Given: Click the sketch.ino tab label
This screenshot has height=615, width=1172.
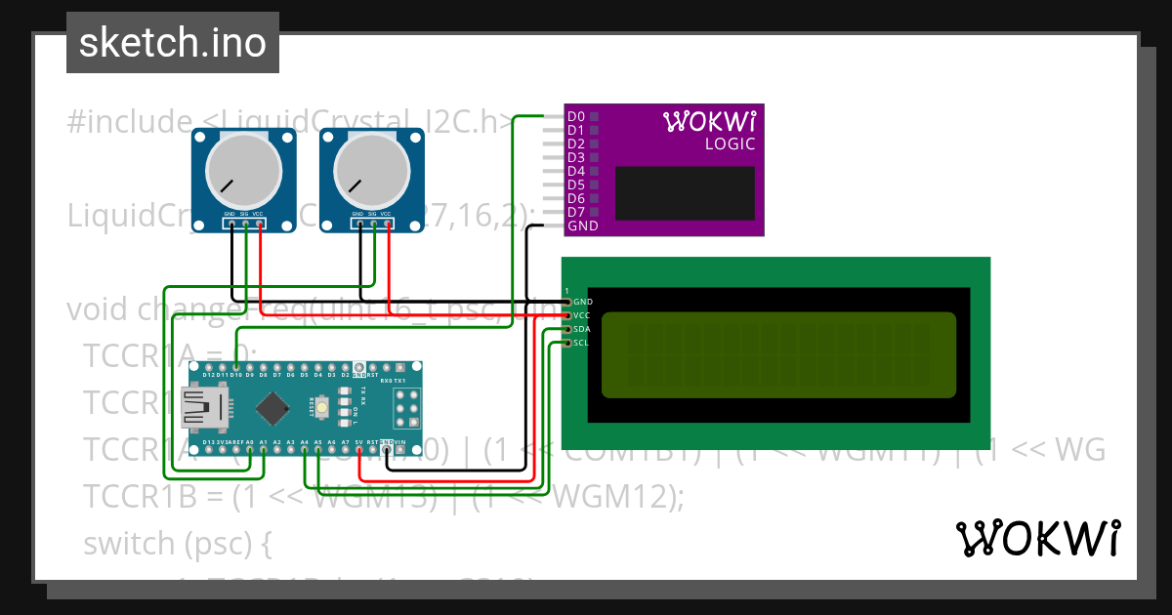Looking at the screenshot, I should pos(172,43).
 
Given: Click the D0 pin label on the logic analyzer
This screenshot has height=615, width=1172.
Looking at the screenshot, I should pos(576,116).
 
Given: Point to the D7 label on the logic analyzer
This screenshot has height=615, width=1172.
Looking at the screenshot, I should pos(576,212).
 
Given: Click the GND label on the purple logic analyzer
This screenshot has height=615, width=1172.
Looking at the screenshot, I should pos(582,225).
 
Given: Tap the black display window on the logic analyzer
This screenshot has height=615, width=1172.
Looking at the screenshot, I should pos(684,192).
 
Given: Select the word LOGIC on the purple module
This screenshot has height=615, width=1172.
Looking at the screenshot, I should pos(730,144).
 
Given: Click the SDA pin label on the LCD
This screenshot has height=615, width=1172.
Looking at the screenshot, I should pos(582,329).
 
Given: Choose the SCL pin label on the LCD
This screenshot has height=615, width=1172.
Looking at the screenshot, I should pos(581,343).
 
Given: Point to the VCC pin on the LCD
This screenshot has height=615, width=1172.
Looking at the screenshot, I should pos(581,315).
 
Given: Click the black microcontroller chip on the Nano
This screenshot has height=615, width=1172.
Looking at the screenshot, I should pos(271,408).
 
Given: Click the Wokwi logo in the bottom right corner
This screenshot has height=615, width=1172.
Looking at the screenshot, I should pos(1037,539).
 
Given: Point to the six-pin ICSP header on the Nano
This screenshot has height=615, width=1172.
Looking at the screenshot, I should pos(404,408).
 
